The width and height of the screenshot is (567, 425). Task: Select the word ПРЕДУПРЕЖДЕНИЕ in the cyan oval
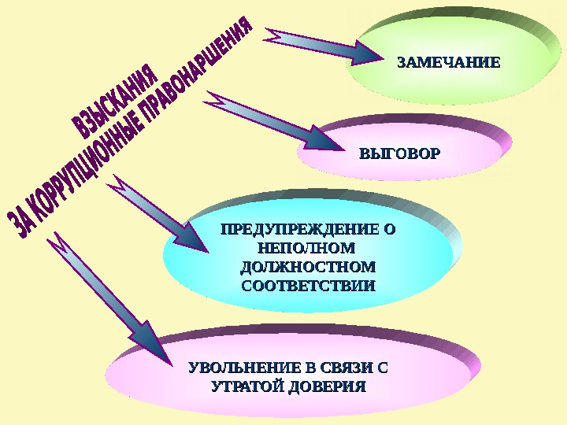(299, 231)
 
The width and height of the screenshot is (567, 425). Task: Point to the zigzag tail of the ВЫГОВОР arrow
(216, 100)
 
